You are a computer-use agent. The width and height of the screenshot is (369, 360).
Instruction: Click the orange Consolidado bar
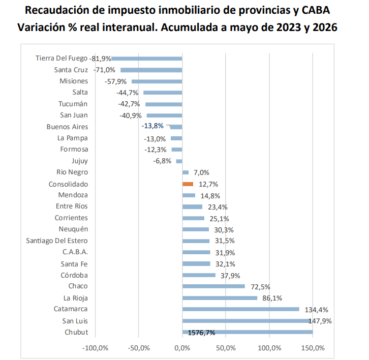[x=188, y=184]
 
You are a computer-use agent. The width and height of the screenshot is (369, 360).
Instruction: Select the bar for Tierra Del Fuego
[x=146, y=58]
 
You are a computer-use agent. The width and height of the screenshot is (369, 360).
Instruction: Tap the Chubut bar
[x=248, y=332]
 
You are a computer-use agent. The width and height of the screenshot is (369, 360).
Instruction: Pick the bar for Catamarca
[x=241, y=309]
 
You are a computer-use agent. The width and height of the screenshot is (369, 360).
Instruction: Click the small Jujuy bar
[x=179, y=161]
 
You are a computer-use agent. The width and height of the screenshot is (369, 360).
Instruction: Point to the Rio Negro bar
[x=186, y=172]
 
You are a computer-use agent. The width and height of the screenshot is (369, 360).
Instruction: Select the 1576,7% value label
[x=201, y=333]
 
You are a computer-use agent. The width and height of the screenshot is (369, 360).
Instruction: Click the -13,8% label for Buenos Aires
[x=152, y=126]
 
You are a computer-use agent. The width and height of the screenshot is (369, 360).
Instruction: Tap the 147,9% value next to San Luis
[x=320, y=321]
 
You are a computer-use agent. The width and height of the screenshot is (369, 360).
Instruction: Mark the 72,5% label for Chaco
[x=261, y=287]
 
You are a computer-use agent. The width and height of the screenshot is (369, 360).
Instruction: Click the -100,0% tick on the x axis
[x=96, y=348]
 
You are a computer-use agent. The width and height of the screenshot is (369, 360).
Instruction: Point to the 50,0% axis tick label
[x=226, y=348]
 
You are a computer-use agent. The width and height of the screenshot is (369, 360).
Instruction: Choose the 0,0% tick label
[x=182, y=348]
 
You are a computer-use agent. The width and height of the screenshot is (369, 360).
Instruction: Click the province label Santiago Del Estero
[x=57, y=241]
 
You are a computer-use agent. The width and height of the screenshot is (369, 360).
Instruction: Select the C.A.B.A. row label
[x=75, y=252]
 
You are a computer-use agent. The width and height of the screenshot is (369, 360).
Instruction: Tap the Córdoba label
[x=74, y=275]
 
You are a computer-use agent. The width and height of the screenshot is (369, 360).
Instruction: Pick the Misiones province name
[x=74, y=81]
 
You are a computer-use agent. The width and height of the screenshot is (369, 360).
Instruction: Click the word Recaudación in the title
[x=57, y=10]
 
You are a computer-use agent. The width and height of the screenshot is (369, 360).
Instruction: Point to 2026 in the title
[x=325, y=27]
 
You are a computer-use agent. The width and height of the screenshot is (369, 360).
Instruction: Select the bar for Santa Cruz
[x=151, y=70]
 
